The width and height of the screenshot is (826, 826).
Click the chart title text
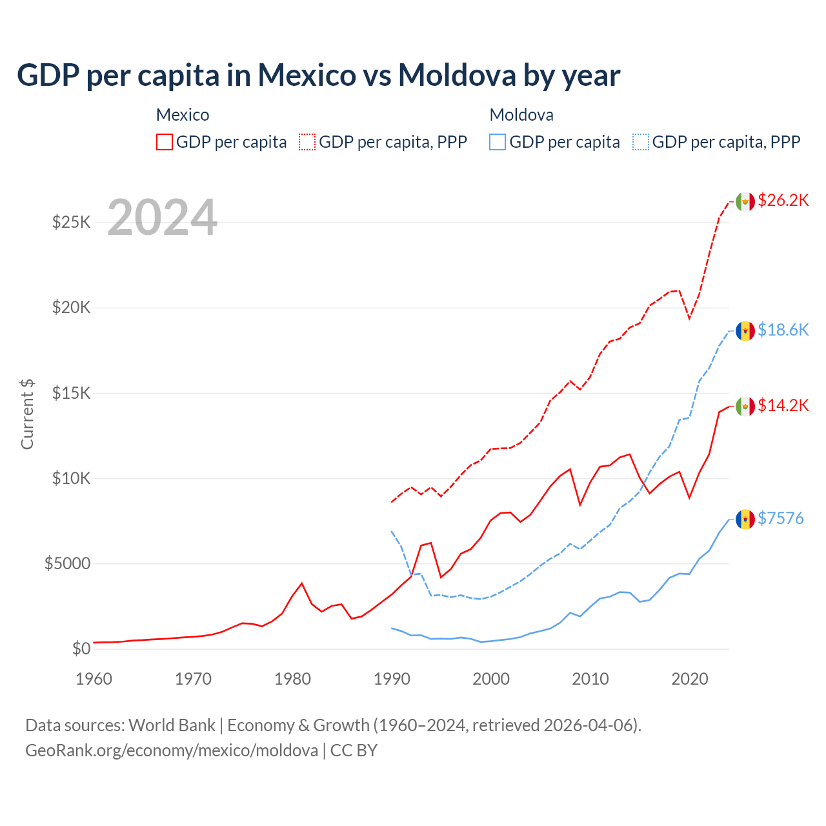point(319,75)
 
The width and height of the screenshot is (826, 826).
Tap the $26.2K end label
point(783,200)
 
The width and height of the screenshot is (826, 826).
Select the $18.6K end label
point(783,330)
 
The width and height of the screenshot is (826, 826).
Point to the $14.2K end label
point(783,405)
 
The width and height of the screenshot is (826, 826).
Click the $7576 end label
point(780,518)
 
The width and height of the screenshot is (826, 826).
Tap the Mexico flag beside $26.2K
point(745,201)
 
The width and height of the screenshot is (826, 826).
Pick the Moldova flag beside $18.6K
point(745,331)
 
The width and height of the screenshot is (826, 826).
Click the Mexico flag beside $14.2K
point(745,406)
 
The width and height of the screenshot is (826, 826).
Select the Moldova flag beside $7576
point(745,519)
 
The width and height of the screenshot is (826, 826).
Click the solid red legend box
point(165,142)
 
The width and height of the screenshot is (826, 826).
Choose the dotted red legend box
point(307,142)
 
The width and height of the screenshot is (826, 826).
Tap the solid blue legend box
point(498,142)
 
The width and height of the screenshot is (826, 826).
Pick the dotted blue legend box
point(641,142)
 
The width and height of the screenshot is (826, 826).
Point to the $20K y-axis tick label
point(72,308)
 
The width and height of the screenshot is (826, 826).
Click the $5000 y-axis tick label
point(67,563)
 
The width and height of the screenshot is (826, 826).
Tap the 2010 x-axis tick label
point(590,679)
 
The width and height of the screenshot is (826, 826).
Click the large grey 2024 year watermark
point(162,217)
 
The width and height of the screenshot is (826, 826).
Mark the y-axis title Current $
point(27,414)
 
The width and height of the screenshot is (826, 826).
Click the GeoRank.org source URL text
point(172,750)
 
